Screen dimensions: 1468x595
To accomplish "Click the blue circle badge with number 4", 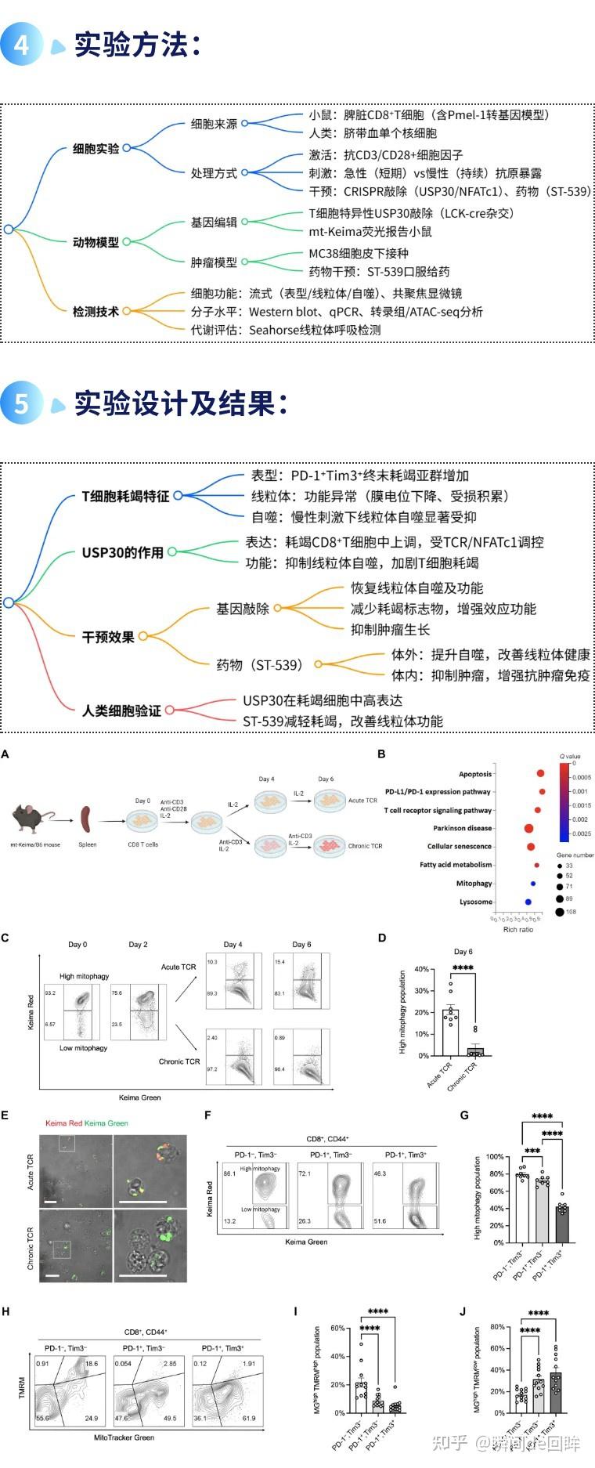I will [x=21, y=44].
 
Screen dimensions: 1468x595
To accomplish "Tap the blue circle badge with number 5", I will [x=21, y=403].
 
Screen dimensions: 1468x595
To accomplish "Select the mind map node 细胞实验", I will [x=96, y=148].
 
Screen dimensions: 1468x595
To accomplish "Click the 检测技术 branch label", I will [x=96, y=311].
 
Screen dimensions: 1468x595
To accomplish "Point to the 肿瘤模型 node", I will [x=213, y=262].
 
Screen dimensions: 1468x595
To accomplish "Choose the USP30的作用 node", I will [x=122, y=552].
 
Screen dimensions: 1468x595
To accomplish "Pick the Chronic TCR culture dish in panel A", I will [x=329, y=845].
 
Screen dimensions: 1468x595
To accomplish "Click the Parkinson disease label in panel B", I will [x=463, y=828].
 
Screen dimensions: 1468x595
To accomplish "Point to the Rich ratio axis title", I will [x=517, y=929].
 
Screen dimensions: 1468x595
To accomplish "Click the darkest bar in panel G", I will [x=562, y=1224].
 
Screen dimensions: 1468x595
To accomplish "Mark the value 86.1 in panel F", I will [x=229, y=1174].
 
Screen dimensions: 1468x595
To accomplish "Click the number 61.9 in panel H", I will [x=249, y=1418].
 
